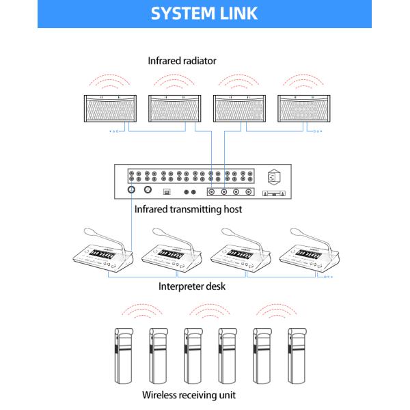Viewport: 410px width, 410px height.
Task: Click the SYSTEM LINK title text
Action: click(x=204, y=14)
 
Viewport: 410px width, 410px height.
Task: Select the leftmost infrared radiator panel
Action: click(x=110, y=109)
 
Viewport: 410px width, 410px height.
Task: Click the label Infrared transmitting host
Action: click(x=188, y=210)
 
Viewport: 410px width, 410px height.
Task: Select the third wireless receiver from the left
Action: click(x=192, y=355)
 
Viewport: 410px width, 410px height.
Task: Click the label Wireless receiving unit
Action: click(x=190, y=395)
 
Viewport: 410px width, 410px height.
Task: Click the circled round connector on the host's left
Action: click(x=132, y=190)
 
